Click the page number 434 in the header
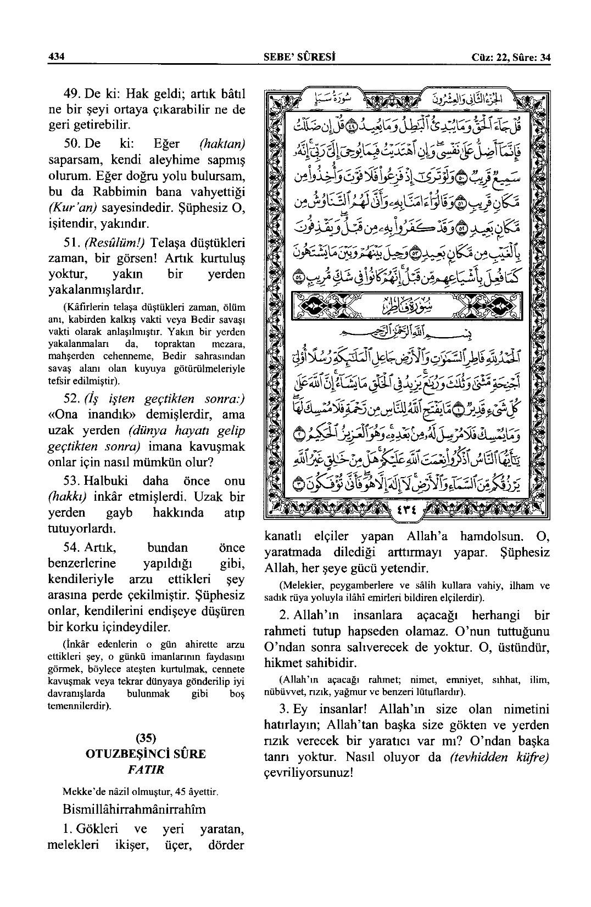point(57,57)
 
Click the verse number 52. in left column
point(74,399)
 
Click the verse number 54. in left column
point(74,547)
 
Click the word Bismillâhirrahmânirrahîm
point(135,809)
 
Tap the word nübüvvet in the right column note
point(283,690)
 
